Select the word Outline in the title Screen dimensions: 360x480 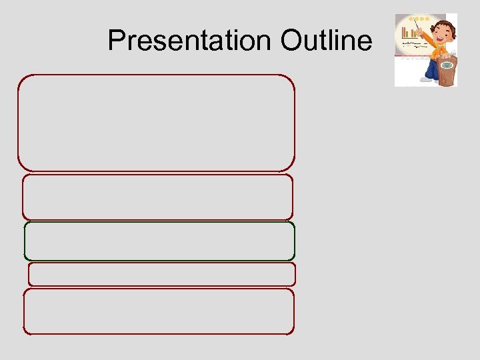pyautogui.click(x=326, y=41)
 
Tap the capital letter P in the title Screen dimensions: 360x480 pyautogui.click(x=116, y=41)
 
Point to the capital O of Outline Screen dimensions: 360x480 pyautogui.click(x=291, y=41)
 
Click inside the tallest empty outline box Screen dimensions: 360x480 pyautogui.click(x=156, y=123)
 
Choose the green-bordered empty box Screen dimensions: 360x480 pyautogui.click(x=159, y=241)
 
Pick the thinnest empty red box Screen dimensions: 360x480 pyautogui.click(x=161, y=274)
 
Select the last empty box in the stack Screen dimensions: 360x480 pyautogui.click(x=159, y=311)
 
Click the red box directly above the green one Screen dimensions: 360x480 pyautogui.click(x=157, y=197)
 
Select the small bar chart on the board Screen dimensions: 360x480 pyautogui.click(x=409, y=32)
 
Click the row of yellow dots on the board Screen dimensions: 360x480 pyautogui.click(x=419, y=19)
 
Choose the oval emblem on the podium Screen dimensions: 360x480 pyautogui.click(x=447, y=65)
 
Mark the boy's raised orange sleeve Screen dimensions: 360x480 pyautogui.click(x=430, y=38)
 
